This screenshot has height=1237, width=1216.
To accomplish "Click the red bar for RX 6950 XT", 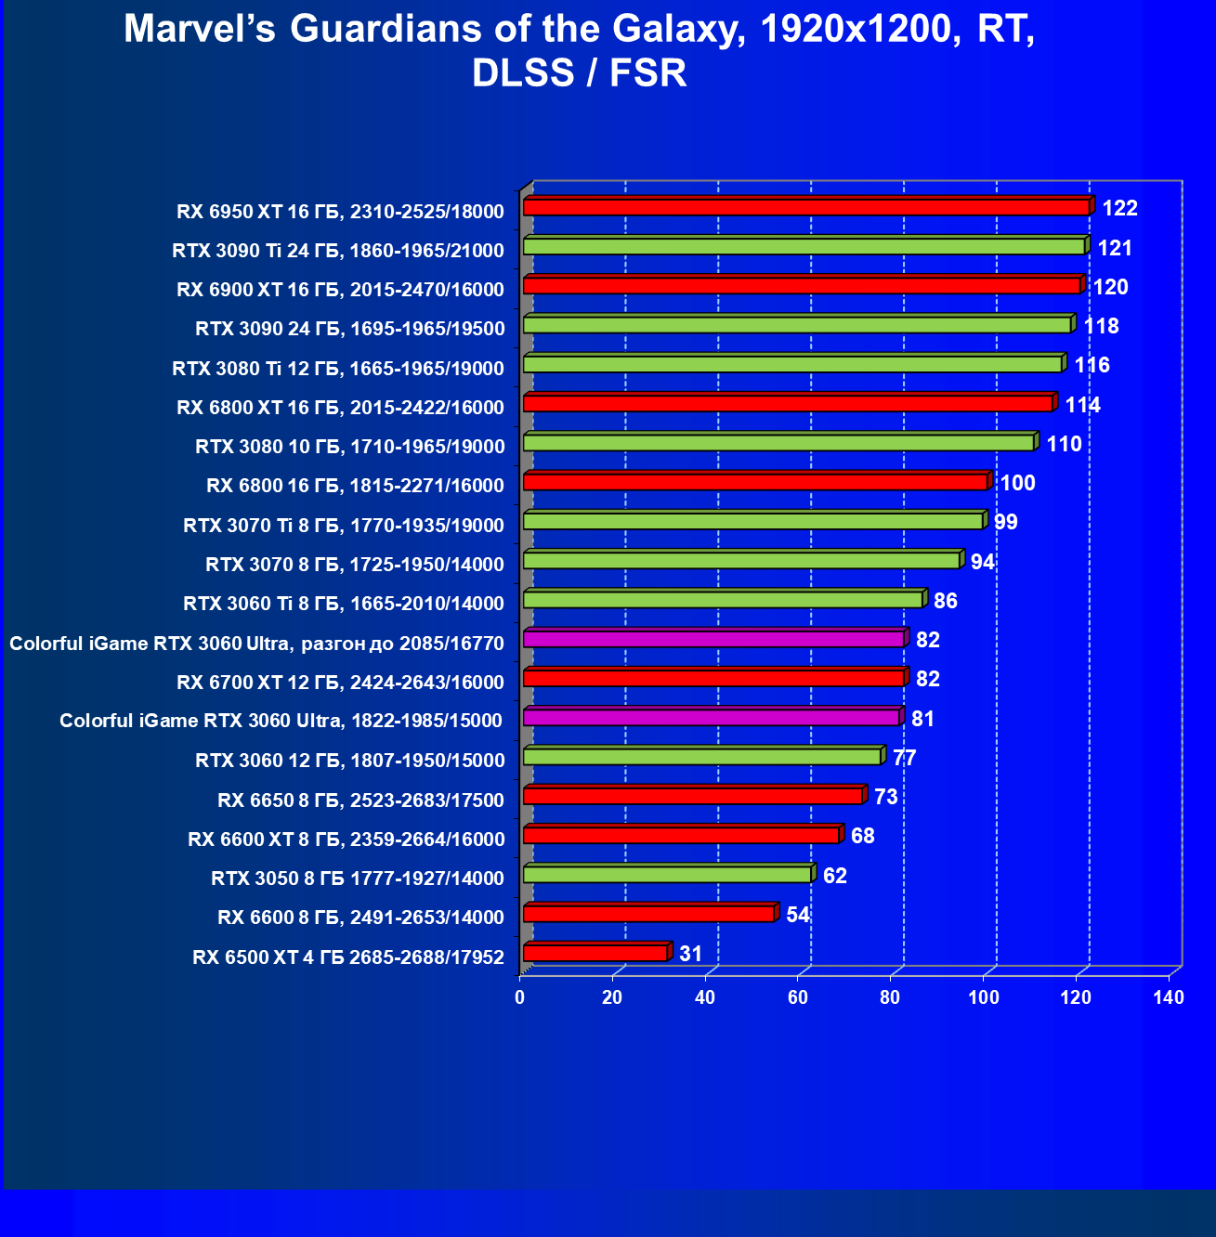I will click(x=805, y=207).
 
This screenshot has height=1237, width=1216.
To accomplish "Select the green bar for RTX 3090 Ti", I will click(x=804, y=247).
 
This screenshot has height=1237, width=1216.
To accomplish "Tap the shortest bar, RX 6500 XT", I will click(x=595, y=954).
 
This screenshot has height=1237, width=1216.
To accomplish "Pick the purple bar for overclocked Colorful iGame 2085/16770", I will click(x=713, y=640).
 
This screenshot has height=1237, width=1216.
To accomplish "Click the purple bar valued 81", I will click(x=711, y=718).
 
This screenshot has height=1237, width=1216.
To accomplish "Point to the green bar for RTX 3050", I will click(x=666, y=875).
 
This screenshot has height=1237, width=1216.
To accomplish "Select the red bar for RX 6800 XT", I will click(x=787, y=404).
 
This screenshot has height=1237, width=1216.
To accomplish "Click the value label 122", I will click(x=1119, y=208).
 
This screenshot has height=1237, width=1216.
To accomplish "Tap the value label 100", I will click(x=1017, y=483).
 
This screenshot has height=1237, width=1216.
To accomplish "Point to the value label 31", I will click(x=690, y=954).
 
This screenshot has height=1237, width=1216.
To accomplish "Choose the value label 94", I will click(x=982, y=562).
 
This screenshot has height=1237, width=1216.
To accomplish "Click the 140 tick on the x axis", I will click(x=1169, y=998).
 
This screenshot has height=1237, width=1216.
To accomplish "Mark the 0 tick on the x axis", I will click(x=520, y=998).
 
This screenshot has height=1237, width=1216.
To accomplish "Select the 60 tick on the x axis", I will click(x=798, y=998).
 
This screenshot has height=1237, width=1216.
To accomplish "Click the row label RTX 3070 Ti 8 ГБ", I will click(x=344, y=526).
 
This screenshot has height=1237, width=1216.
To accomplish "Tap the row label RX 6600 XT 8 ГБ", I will click(x=346, y=840).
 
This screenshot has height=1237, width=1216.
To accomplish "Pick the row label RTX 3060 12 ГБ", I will click(x=349, y=761).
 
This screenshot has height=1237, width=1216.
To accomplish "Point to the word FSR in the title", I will click(x=648, y=73).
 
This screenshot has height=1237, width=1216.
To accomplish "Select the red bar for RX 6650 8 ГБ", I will click(x=693, y=797).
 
